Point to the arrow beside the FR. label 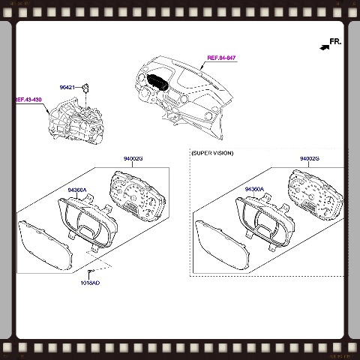(x=322, y=46)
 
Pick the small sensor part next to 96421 (x=86, y=88)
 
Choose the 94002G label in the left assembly (x=134, y=159)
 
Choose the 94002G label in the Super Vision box (x=310, y=159)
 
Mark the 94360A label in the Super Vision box (x=255, y=190)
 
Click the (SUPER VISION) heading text (x=212, y=153)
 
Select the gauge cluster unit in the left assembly (x=136, y=194)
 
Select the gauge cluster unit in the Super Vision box (x=313, y=194)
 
